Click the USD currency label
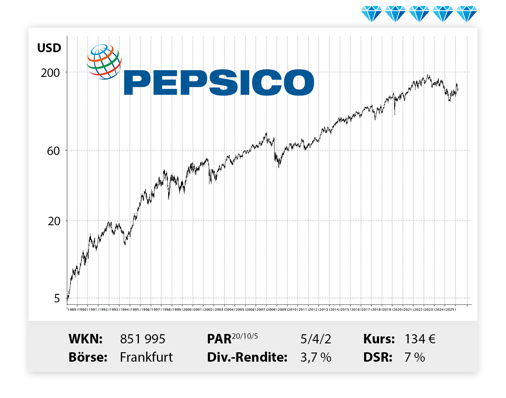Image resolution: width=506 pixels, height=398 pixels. pyautogui.click(x=49, y=48)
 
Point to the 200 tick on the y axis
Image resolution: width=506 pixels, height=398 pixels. pyautogui.click(x=50, y=73)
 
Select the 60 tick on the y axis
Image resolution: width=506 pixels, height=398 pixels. pyautogui.click(x=53, y=151)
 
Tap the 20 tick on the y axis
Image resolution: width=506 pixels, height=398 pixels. pyautogui.click(x=54, y=221)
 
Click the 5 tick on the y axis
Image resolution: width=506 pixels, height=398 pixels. pyautogui.click(x=57, y=298)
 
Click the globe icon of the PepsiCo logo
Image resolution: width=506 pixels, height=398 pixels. pyautogui.click(x=104, y=62)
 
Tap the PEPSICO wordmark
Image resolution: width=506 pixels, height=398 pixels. pyautogui.click(x=219, y=82)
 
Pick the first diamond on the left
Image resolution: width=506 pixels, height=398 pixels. pyautogui.click(x=371, y=14)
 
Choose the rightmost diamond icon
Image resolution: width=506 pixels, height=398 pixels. pyautogui.click(x=466, y=14)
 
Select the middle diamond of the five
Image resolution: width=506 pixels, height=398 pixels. pyautogui.click(x=419, y=14)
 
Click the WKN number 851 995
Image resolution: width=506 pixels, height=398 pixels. pyautogui.click(x=143, y=339)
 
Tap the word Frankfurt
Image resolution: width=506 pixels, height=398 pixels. pyautogui.click(x=146, y=357)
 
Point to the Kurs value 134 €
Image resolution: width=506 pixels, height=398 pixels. pyautogui.click(x=420, y=339)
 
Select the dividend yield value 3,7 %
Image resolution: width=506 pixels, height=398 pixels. pyautogui.click(x=316, y=357)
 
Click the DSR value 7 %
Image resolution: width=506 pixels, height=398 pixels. pyautogui.click(x=414, y=357)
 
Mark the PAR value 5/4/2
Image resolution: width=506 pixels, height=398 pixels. pyautogui.click(x=316, y=339)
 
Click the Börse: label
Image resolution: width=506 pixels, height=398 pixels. pyautogui.click(x=88, y=357)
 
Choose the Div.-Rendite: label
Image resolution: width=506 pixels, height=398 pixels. pyautogui.click(x=247, y=357)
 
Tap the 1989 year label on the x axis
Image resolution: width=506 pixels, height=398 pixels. pyautogui.click(x=72, y=309)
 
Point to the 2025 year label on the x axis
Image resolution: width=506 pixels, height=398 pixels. pyautogui.click(x=450, y=309)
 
